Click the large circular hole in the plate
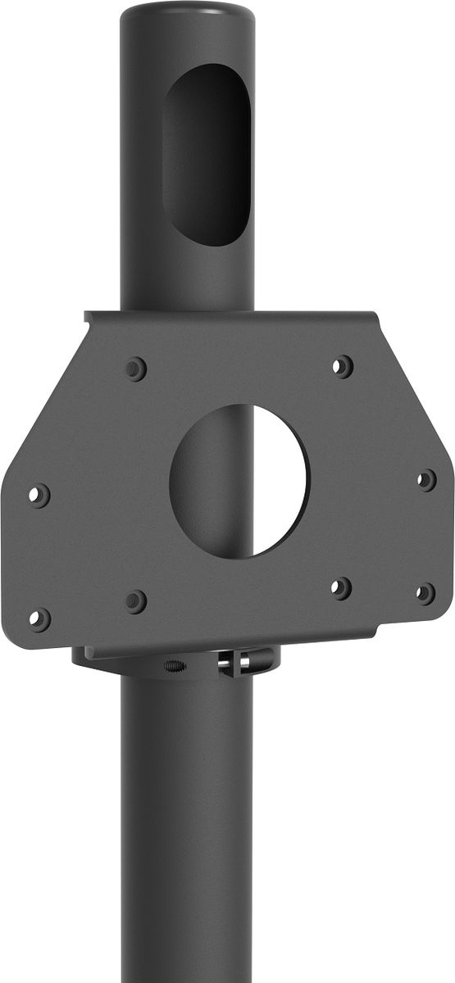click(238, 481)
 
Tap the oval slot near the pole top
click(207, 154)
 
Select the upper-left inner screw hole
click(135, 369)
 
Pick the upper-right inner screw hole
click(343, 366)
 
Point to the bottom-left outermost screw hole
click(39, 619)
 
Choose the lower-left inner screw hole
click(135, 601)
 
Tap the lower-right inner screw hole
click(341, 587)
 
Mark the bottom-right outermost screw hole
click(425, 593)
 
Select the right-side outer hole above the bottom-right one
click(426, 480)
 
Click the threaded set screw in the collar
click(174, 665)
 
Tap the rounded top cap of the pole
click(187, 15)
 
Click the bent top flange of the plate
click(230, 315)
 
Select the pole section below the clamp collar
click(187, 819)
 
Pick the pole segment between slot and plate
click(187, 279)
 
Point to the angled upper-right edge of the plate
click(414, 393)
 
